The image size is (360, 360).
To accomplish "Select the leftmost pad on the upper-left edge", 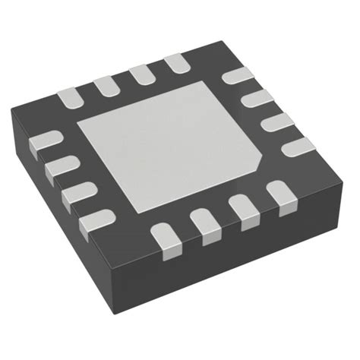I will point(70,97).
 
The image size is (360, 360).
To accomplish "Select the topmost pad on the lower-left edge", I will point(45,141).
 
